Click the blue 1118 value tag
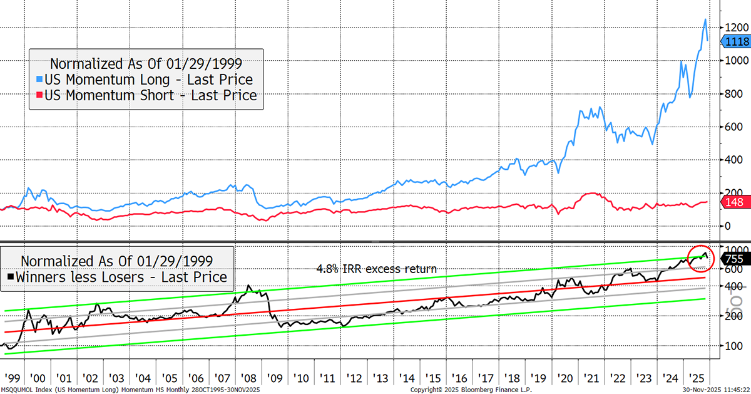click(x=735, y=41)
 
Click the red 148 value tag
click(x=733, y=202)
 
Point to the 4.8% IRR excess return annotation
click(x=375, y=269)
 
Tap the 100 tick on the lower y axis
click(x=730, y=346)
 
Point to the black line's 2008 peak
click(x=248, y=286)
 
